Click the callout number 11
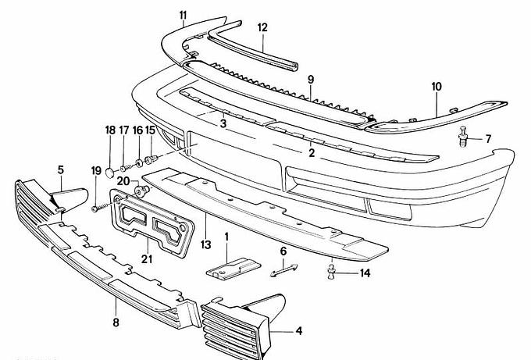(x=183, y=15)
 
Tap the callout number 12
(x=262, y=27)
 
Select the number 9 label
(x=310, y=80)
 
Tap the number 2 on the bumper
(x=311, y=153)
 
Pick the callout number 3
(x=223, y=123)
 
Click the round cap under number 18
(x=111, y=168)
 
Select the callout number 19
(x=96, y=169)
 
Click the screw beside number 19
(x=95, y=209)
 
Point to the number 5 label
(x=61, y=169)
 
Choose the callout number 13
(x=205, y=244)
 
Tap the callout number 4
(x=299, y=331)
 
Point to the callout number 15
(x=151, y=130)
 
